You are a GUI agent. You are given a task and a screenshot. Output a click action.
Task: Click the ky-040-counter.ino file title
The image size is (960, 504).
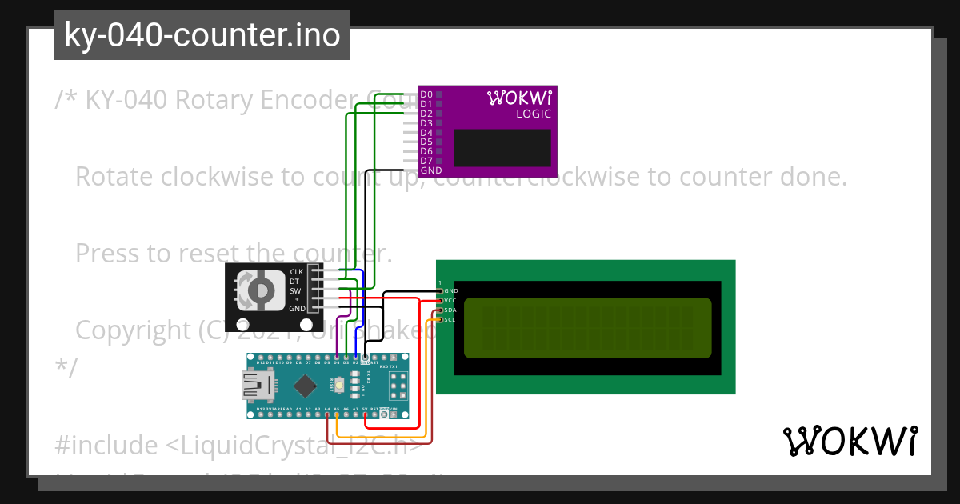pyautogui.click(x=202, y=35)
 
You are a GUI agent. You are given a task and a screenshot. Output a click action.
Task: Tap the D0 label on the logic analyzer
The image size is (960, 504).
pyautogui.click(x=426, y=95)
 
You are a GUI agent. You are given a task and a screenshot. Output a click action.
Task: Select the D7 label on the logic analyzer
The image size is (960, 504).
pyautogui.click(x=426, y=161)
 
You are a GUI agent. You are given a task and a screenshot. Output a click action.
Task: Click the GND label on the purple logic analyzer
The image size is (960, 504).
pyautogui.click(x=430, y=170)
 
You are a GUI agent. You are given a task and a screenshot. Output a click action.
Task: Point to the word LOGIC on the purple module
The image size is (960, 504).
pyautogui.click(x=533, y=114)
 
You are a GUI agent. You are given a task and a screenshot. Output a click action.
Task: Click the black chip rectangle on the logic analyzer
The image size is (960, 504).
pyautogui.click(x=502, y=148)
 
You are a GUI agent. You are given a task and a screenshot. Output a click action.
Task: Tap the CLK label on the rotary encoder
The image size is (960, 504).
pyautogui.click(x=297, y=272)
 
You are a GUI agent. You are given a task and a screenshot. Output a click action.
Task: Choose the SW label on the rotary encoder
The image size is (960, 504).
pyautogui.click(x=296, y=290)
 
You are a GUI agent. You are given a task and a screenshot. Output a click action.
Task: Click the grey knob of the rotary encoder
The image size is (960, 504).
pyautogui.click(x=260, y=290)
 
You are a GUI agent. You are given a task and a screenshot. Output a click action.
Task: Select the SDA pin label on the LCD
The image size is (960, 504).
pyautogui.click(x=450, y=310)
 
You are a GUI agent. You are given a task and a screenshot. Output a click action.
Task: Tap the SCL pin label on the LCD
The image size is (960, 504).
pyautogui.click(x=450, y=319)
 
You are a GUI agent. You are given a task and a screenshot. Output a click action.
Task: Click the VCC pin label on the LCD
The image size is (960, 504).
pyautogui.click(x=450, y=300)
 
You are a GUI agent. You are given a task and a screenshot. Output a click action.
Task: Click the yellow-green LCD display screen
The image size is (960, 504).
pyautogui.click(x=587, y=328)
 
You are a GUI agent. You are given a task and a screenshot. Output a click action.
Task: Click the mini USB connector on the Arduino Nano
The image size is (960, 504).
pyautogui.click(x=258, y=387)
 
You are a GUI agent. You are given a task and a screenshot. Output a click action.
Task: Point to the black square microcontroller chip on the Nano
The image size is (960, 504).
pyautogui.click(x=305, y=386)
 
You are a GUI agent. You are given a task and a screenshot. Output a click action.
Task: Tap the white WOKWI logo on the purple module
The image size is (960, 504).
pyautogui.click(x=519, y=98)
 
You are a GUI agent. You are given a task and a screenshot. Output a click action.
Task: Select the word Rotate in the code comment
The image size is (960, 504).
pyautogui.click(x=114, y=176)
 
